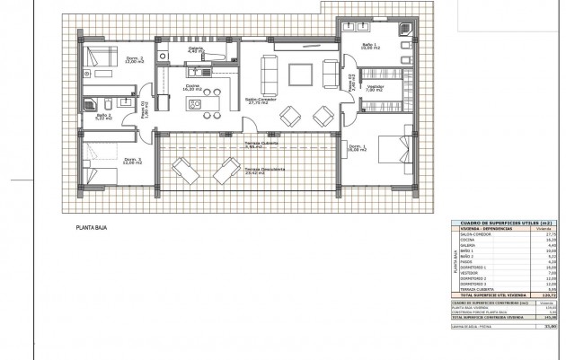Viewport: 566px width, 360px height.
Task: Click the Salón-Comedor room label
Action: pyautogui.click(x=261, y=101)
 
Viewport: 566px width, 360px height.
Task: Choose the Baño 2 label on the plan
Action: pyautogui.click(x=103, y=115)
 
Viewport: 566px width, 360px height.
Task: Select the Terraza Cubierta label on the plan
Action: pyautogui.click(x=261, y=144)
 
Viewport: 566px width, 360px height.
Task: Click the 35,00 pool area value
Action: pyautogui.click(x=549, y=329)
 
